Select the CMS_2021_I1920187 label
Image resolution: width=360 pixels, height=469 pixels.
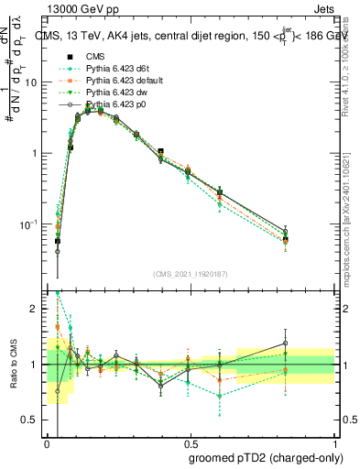pyautogui.click(x=192, y=272)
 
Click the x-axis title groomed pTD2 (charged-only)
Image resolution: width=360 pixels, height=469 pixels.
pyautogui.click(x=265, y=457)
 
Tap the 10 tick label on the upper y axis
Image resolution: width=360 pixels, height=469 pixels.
pyautogui.click(x=30, y=82)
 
